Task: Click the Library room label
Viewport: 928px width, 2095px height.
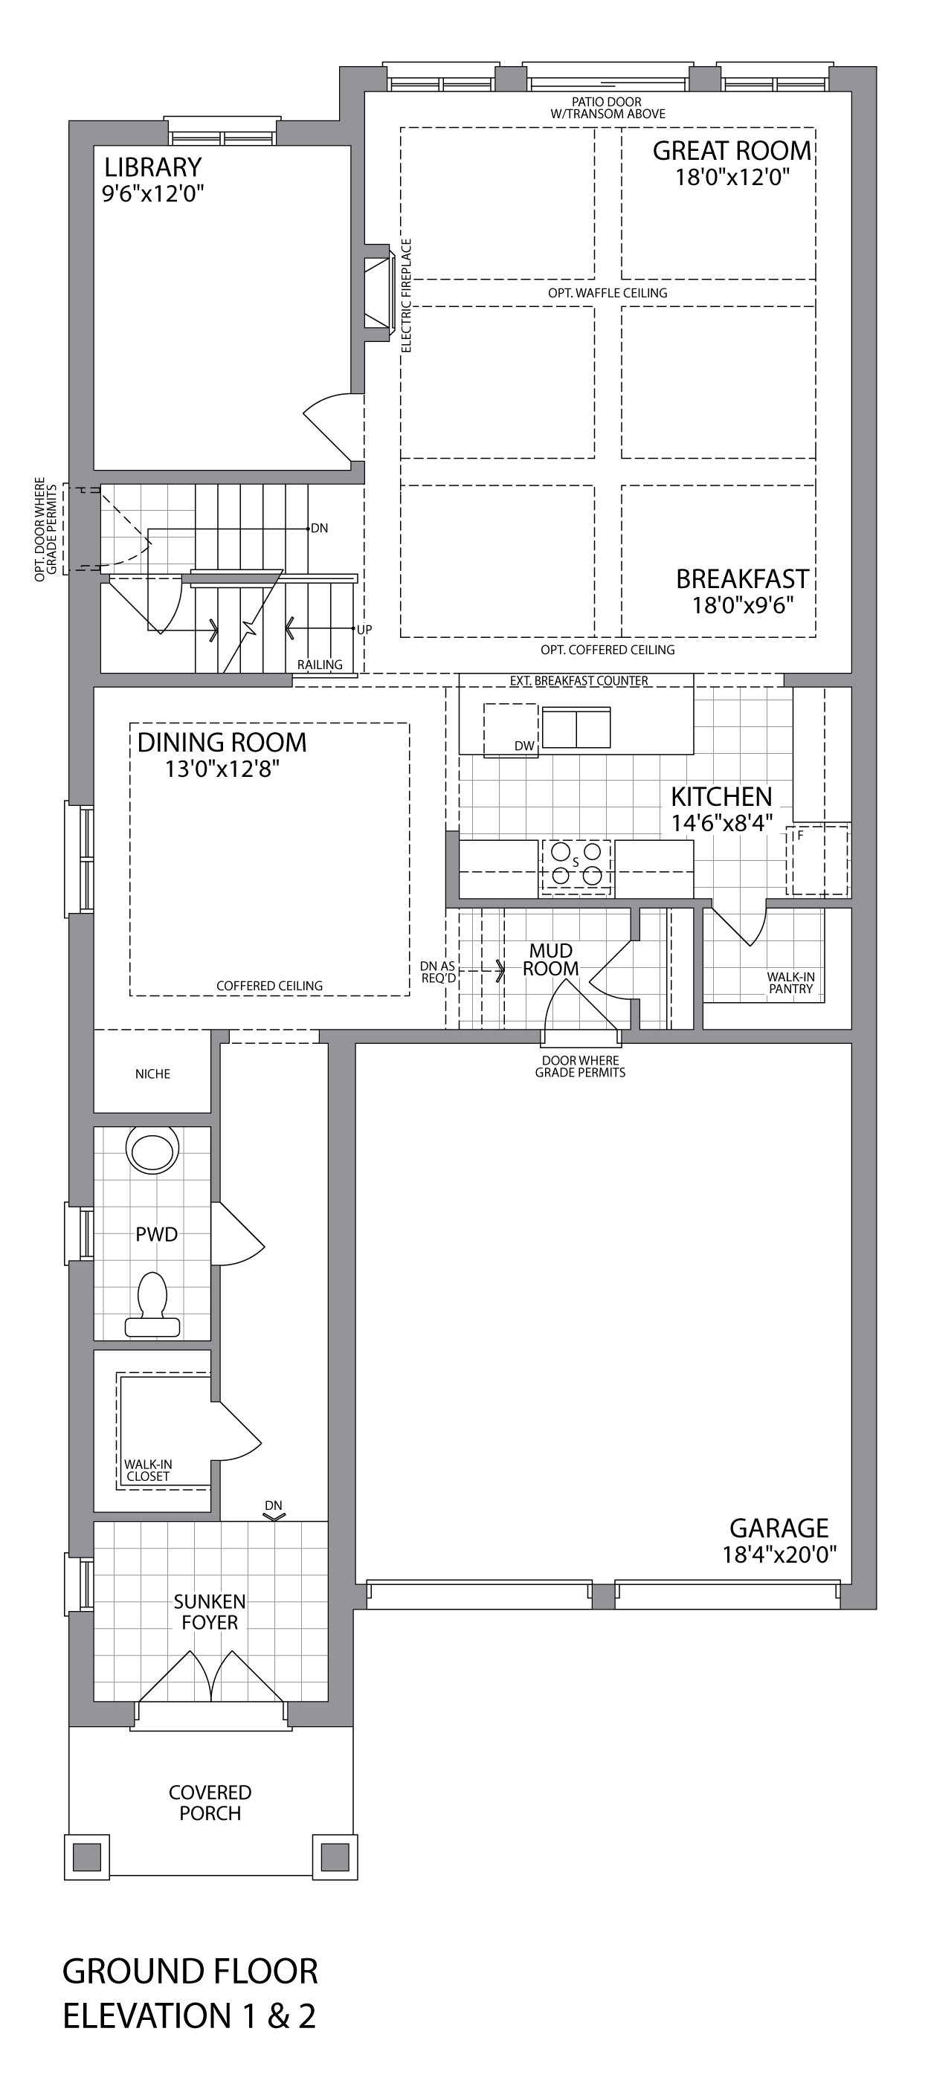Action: point(153,167)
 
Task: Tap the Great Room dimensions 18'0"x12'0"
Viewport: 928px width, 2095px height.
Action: point(732,177)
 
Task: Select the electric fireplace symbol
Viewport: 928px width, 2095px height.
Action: point(379,293)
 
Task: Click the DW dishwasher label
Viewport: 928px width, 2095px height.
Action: point(524,746)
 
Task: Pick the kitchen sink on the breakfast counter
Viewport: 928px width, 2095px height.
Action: point(576,727)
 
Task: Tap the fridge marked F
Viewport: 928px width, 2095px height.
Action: point(817,860)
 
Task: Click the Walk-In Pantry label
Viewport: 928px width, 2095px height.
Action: point(790,982)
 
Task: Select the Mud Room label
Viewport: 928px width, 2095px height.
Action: point(550,960)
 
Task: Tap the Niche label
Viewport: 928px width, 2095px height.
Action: point(153,1074)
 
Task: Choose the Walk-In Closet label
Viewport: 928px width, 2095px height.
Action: point(148,1471)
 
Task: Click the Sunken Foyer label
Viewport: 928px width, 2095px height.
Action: point(210,1612)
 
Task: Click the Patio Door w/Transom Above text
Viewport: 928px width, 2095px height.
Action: point(608,108)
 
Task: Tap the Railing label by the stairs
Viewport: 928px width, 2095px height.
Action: point(320,665)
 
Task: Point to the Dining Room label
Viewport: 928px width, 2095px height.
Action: point(222,743)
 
